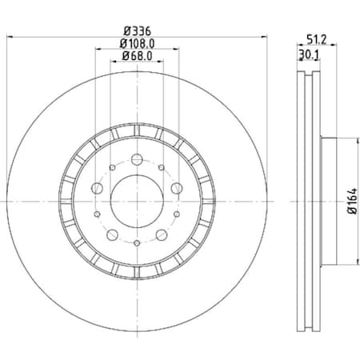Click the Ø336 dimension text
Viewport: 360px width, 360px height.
click(x=137, y=30)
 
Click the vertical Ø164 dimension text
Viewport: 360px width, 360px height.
click(x=349, y=199)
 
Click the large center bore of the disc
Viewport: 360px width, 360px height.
click(x=137, y=200)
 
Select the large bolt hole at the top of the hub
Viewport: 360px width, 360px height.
click(x=137, y=158)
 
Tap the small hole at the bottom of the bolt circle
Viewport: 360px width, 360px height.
click(x=137, y=243)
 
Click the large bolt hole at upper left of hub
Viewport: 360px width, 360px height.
click(x=97, y=188)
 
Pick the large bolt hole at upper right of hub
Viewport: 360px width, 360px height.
click(x=177, y=188)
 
